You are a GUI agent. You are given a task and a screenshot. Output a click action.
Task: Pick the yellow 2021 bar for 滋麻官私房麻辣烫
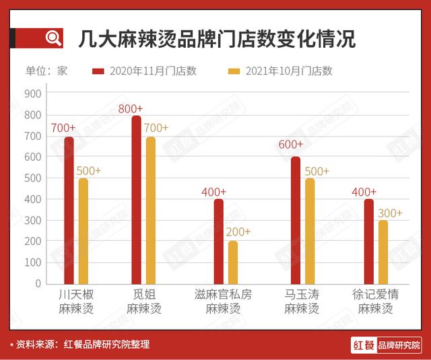point(233,262)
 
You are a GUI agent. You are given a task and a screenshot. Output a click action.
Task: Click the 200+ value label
point(237,231)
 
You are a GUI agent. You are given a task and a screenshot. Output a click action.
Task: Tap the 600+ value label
point(290,144)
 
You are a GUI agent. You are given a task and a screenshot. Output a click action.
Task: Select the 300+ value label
point(389,213)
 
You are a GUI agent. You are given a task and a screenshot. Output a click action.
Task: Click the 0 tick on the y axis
point(39,283)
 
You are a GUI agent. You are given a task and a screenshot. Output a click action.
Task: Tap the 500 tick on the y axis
point(34,178)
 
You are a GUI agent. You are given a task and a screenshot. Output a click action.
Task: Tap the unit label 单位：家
point(46,71)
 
